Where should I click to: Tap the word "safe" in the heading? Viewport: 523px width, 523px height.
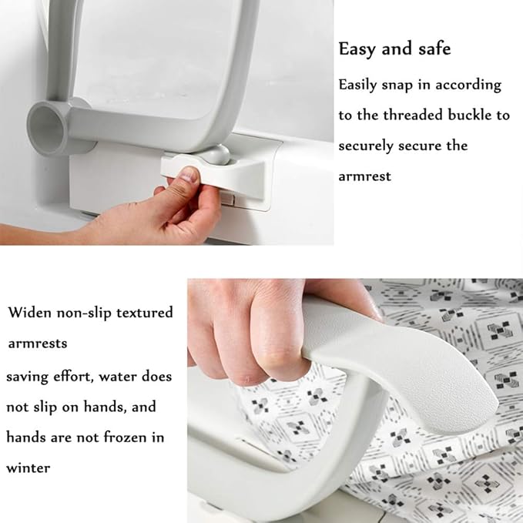(434, 49)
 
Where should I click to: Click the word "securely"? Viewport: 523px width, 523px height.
(366, 146)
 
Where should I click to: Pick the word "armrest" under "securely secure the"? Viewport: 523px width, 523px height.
(364, 176)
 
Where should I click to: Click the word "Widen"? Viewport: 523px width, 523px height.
(30, 313)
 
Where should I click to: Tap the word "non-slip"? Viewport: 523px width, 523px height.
(84, 313)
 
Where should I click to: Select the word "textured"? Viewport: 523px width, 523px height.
(145, 313)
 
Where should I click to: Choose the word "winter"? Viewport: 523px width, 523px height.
(28, 468)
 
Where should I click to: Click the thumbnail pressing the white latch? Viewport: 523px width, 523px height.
(190, 174)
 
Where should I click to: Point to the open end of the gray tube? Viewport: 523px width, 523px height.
(46, 129)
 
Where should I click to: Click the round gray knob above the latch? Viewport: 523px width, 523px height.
(216, 154)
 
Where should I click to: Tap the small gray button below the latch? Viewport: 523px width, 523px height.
(227, 199)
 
